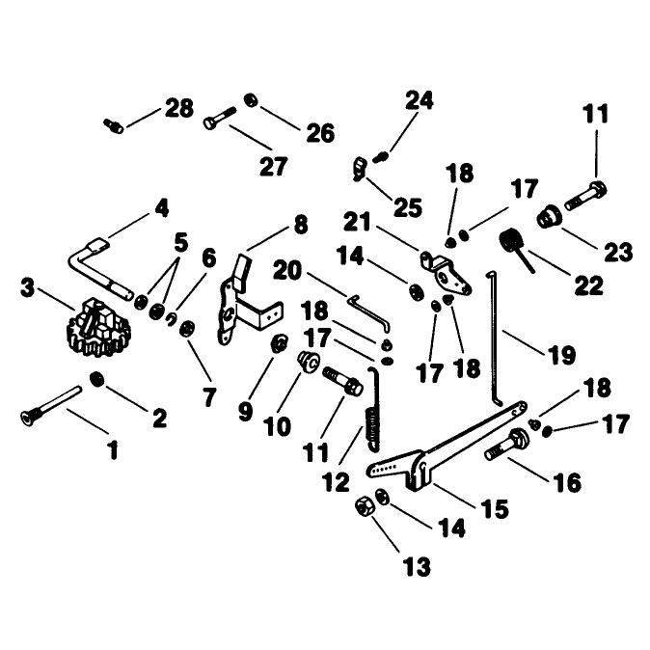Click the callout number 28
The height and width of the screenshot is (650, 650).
[179, 108]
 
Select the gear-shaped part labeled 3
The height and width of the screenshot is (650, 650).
[98, 328]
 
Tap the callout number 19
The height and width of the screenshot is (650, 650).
[561, 355]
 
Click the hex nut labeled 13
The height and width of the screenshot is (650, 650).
[365, 506]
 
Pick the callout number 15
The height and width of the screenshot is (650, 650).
[495, 508]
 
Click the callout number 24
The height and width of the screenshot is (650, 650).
[420, 100]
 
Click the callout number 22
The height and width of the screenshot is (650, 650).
[588, 285]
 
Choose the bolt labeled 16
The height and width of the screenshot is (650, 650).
[506, 445]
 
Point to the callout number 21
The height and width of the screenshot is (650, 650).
[358, 222]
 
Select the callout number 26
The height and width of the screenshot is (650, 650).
[320, 133]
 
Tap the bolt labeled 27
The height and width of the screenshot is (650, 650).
[220, 118]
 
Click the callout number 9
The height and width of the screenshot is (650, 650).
[245, 411]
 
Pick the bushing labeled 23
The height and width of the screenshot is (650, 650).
[550, 216]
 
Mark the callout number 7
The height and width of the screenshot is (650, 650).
[209, 396]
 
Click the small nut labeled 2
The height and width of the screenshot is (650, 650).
[97, 379]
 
